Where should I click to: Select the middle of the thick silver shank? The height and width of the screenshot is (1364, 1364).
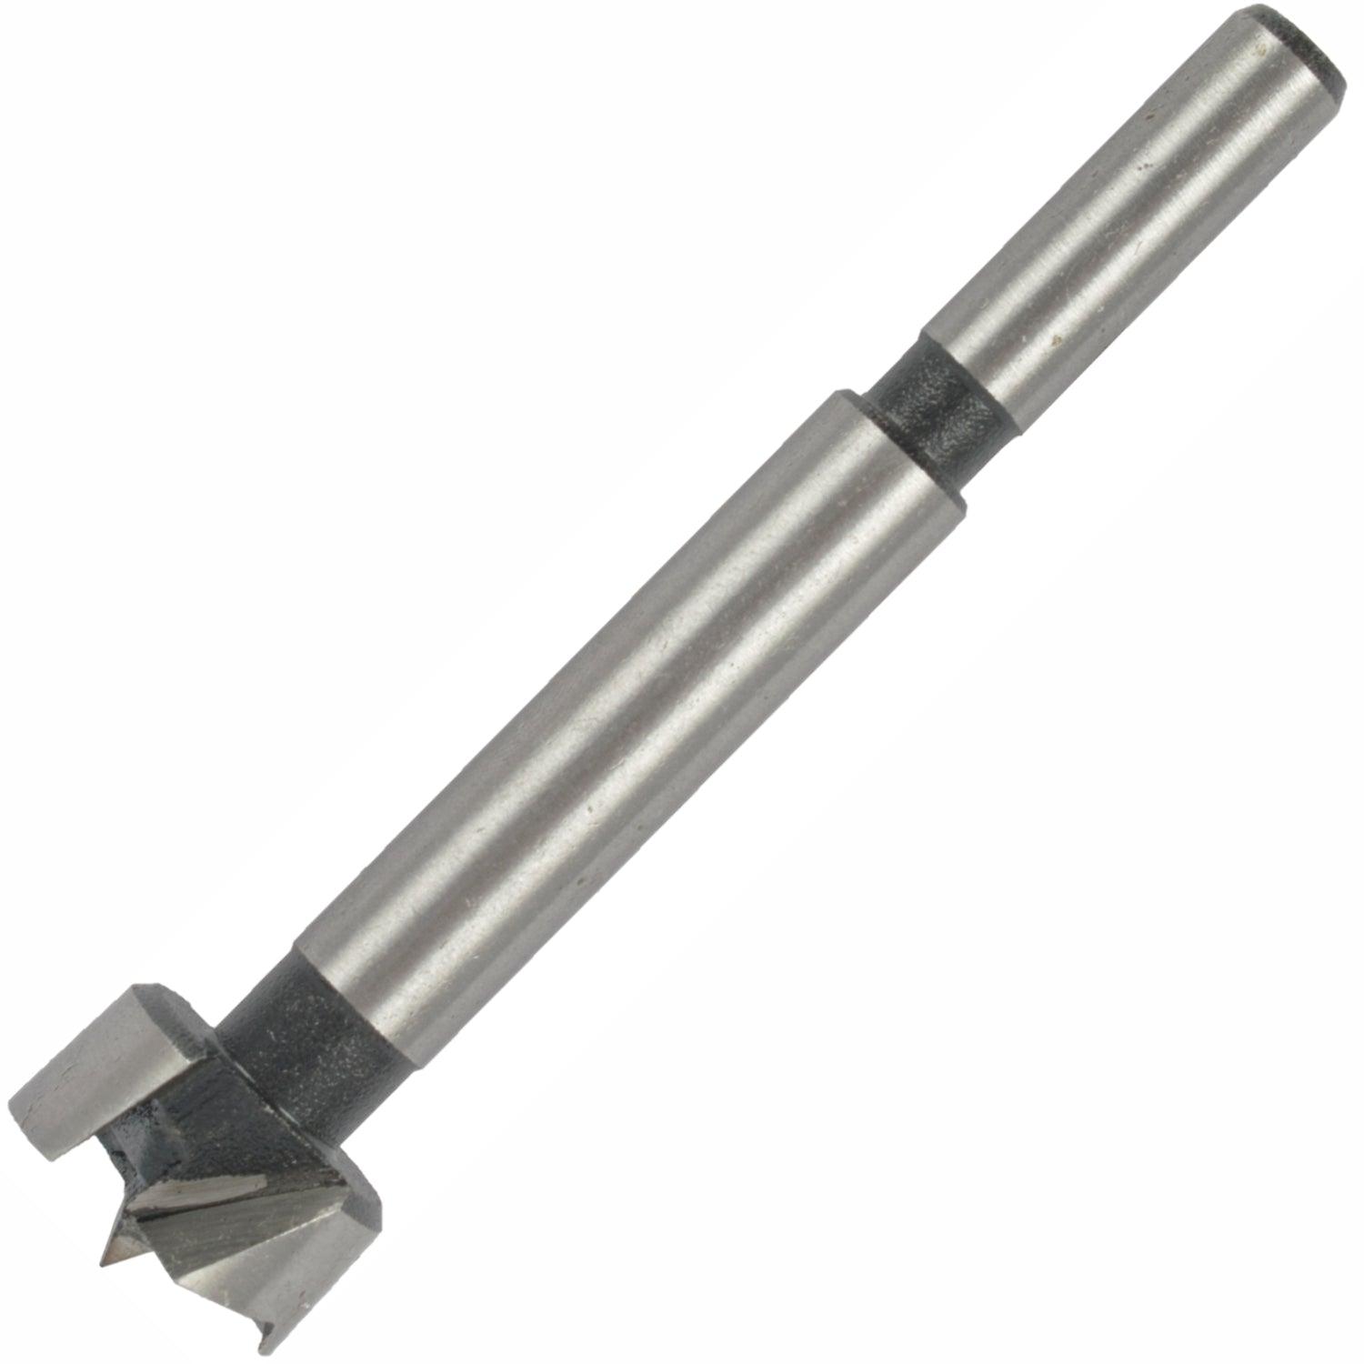pos(627,709)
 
